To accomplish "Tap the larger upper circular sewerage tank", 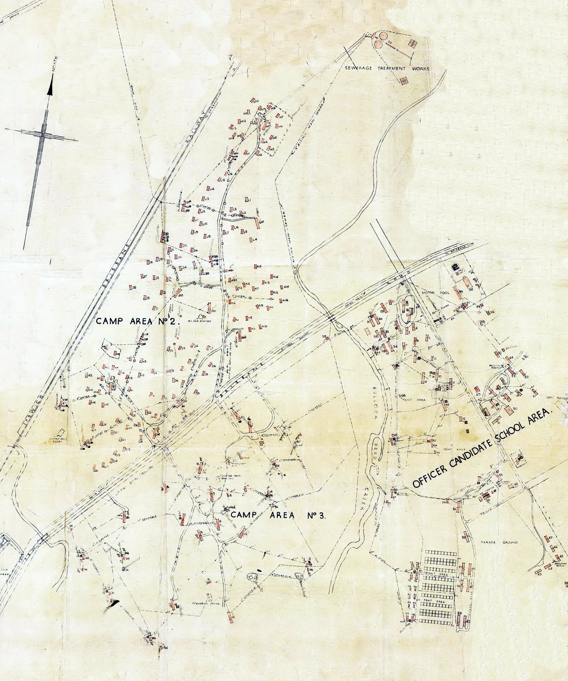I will tap(383, 36).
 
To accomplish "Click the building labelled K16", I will tap(280, 301).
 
